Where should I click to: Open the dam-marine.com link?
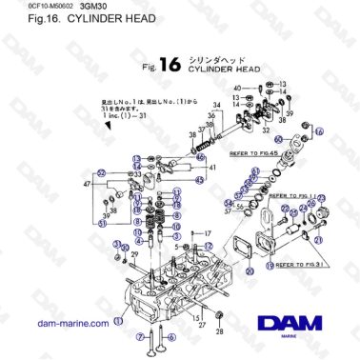71,323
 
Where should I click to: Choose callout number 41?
212,167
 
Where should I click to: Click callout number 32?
264,131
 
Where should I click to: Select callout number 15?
195,316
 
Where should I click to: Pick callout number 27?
203,324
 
